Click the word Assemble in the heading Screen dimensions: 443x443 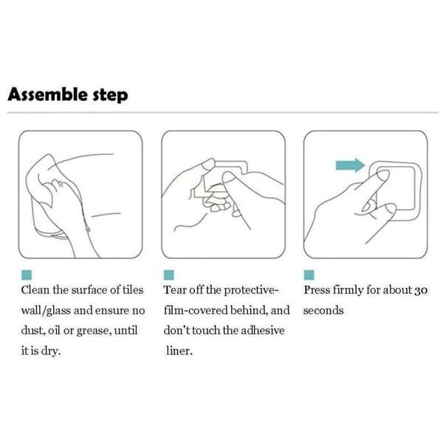click(x=47, y=94)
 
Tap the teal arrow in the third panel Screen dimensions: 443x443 click(x=350, y=165)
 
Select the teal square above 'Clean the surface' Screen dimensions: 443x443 click(x=27, y=275)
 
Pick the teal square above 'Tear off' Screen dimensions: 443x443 click(x=168, y=275)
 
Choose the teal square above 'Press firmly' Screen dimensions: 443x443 click(x=309, y=275)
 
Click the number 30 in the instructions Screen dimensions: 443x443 click(x=421, y=290)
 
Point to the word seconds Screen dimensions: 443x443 click(x=323, y=311)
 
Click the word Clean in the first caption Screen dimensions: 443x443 click(x=35, y=290)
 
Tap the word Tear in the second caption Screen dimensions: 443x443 click(x=174, y=290)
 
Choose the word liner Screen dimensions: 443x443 click(x=179, y=351)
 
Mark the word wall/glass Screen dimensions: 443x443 click(x=46, y=311)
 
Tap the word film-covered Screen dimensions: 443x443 click(x=196, y=310)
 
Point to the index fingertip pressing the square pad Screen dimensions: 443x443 click(x=383, y=176)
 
